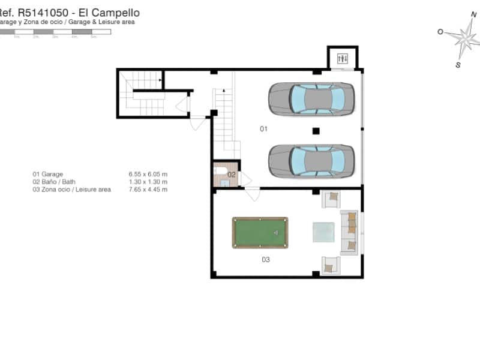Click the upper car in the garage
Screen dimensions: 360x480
311,98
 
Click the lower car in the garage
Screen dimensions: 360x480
311,161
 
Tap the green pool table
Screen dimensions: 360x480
260,232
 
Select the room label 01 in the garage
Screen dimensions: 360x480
263,129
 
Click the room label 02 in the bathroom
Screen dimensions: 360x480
231,175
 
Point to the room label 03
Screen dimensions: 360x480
265,260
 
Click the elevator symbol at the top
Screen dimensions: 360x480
343,58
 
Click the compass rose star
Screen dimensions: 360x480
463,38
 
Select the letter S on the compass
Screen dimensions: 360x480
458,65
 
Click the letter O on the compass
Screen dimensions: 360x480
440,32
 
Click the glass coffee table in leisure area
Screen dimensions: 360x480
324,232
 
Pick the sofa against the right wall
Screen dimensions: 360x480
350,232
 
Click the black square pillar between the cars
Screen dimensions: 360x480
316,130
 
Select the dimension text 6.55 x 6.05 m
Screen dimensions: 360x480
148,173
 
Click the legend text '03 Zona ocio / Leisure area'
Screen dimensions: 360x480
71,190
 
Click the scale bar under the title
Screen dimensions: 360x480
55,31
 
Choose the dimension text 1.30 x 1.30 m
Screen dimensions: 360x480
148,182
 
